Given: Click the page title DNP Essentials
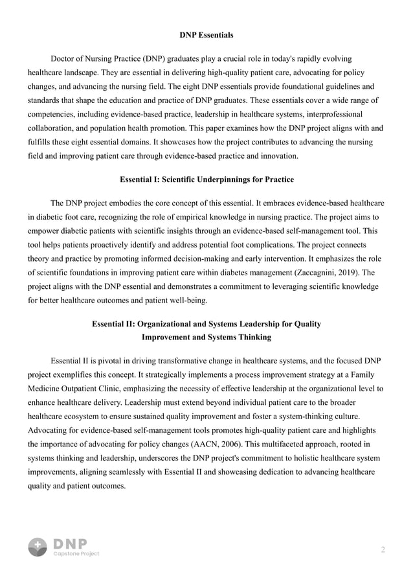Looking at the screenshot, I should [206, 34].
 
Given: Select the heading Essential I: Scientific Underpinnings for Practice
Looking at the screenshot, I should [206, 179].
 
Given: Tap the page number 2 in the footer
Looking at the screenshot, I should [383, 550].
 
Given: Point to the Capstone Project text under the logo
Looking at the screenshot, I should [76, 554].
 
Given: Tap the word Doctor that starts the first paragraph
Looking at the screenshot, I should [63, 59].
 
